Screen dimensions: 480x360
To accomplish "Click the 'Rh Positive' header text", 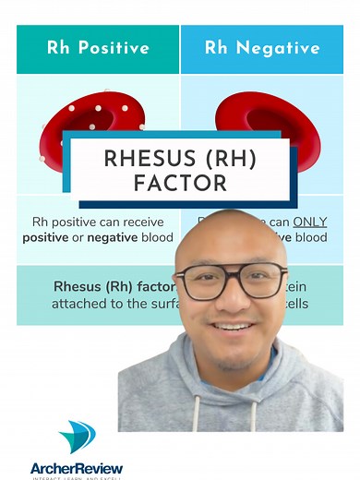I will (x=97, y=47).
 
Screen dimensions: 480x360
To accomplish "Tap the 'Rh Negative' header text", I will (x=262, y=47).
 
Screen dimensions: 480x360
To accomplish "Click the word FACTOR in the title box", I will (x=180, y=184).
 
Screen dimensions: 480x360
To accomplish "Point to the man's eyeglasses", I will (x=230, y=281).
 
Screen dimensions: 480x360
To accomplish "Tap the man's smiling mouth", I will (x=234, y=328).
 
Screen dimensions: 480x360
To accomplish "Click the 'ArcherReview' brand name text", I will (x=77, y=466).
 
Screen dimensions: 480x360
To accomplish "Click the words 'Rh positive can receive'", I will (x=91, y=222).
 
